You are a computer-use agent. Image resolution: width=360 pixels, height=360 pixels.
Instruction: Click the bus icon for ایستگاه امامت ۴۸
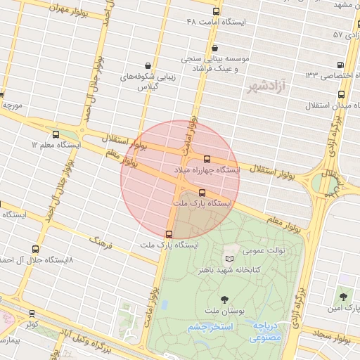(216, 11)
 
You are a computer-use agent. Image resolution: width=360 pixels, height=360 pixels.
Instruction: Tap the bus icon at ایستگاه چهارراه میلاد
(206, 159)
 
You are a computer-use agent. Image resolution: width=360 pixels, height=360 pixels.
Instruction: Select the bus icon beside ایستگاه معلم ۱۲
(56, 134)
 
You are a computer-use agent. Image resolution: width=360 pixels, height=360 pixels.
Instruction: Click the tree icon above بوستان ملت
(224, 300)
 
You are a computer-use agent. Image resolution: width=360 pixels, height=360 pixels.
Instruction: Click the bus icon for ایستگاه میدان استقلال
(341, 94)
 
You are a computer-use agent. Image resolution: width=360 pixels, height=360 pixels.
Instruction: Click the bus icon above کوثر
(31, 314)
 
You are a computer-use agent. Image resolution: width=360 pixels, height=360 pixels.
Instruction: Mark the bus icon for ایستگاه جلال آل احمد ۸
(36, 249)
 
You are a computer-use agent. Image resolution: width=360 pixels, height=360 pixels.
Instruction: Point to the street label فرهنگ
(100, 243)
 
